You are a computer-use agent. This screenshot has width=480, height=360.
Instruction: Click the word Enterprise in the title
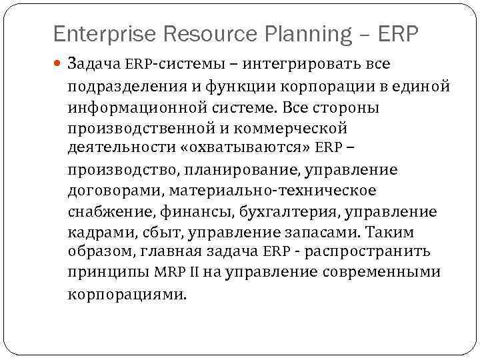pos(92,33)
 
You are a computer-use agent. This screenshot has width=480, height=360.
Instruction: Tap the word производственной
pos(137,128)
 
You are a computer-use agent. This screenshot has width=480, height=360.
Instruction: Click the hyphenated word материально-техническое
pos(273,191)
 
